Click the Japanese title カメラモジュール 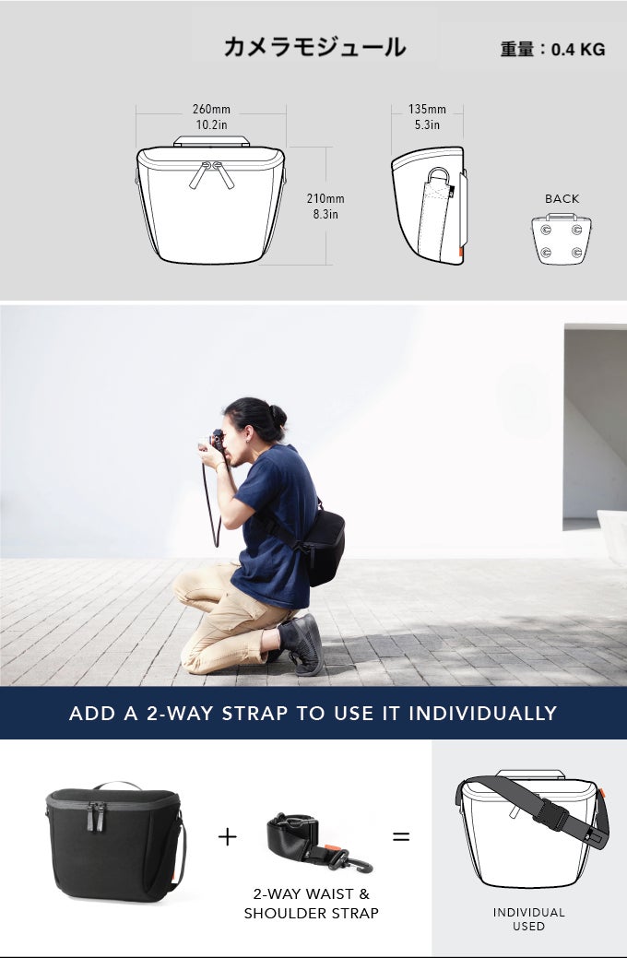coord(314,47)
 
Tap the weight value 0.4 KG coord(578,50)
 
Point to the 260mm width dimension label coord(211,110)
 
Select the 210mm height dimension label coord(325,198)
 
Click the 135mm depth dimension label coord(427,110)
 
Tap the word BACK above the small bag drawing coord(562,198)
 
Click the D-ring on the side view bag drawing coord(439,176)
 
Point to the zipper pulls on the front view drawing coord(211,173)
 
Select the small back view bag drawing coord(562,239)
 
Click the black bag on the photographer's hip coord(324,547)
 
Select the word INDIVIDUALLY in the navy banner coord(483,713)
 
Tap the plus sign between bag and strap coord(228,836)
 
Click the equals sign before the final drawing coord(401,836)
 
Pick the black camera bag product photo coord(115,841)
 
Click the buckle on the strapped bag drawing coord(551,814)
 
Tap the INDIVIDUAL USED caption coord(528,919)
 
